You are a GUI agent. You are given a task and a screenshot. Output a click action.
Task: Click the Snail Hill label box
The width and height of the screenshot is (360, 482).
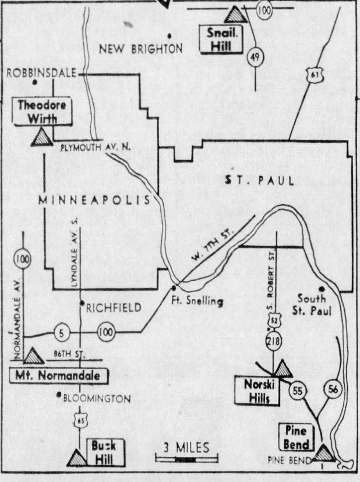[x=221, y=40]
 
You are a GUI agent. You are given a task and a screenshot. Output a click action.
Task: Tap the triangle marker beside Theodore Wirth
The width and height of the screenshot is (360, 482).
[x=41, y=138]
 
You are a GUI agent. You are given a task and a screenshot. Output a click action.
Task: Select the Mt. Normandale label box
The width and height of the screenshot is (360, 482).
[x=59, y=376]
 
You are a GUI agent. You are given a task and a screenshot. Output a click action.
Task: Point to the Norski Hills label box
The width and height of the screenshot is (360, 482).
[x=257, y=390]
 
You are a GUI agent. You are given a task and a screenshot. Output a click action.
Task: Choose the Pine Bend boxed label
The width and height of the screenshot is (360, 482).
[x=296, y=438]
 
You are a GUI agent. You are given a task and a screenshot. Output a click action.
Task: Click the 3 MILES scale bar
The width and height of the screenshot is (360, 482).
[x=187, y=459]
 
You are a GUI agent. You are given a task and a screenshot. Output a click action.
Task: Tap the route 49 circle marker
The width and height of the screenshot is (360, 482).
[x=255, y=57]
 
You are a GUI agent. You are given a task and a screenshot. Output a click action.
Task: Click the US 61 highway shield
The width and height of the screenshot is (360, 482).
[x=315, y=75]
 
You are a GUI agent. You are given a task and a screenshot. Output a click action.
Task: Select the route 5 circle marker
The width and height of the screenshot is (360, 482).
[x=62, y=333]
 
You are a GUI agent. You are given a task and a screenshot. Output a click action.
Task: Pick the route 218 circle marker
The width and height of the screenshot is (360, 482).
[x=274, y=341]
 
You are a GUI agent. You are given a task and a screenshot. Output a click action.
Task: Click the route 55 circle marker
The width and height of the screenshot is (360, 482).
[x=297, y=391]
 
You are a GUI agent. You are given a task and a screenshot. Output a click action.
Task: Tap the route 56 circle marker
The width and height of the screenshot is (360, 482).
[x=333, y=389]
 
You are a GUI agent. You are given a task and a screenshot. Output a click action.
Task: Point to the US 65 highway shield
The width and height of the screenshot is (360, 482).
[x=80, y=420]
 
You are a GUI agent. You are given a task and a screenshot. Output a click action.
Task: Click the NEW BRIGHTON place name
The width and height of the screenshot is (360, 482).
[x=141, y=49]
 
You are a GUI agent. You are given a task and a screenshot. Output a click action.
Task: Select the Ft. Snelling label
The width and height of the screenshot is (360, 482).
[x=197, y=301]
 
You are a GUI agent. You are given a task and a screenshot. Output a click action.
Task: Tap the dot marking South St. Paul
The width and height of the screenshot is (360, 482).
[x=322, y=289]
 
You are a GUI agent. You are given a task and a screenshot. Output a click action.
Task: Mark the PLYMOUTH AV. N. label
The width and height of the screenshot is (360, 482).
[x=96, y=147]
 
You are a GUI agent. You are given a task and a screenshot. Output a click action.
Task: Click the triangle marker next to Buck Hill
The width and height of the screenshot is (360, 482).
[x=77, y=458]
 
